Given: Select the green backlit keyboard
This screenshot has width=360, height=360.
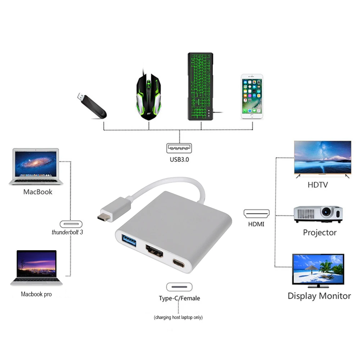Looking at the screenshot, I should pos(201,86).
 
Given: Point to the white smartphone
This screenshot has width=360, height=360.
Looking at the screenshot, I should pos(252,96).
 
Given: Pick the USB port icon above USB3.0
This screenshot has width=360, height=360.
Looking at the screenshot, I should pos(179,148).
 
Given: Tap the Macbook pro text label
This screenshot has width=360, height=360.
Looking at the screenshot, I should pos(36,294).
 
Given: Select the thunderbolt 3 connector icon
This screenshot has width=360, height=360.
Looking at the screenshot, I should pos(71,224).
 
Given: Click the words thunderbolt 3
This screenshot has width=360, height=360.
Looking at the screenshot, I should pos(67,232).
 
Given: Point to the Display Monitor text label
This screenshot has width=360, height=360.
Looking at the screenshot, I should pos(319,296).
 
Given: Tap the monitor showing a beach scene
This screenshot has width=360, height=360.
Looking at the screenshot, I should pos(318,270).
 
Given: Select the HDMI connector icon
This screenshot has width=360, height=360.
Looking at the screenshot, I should pos(256,213).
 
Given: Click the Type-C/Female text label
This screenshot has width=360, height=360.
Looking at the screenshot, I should pos(179,298).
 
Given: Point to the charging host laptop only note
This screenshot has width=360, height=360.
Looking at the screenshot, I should pos(178,318).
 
